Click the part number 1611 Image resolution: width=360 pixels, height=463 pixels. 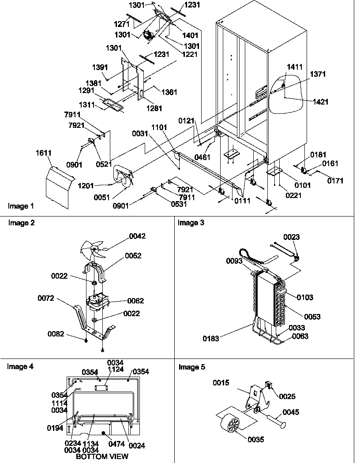(44, 153)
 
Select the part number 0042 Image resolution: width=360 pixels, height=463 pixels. (137, 236)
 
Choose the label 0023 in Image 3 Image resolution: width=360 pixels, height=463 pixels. (291, 237)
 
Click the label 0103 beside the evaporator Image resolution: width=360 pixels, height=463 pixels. (305, 298)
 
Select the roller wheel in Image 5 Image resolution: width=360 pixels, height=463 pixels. (232, 427)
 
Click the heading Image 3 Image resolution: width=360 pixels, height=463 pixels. (191, 223)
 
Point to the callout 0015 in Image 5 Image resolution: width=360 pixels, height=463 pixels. (221, 383)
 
